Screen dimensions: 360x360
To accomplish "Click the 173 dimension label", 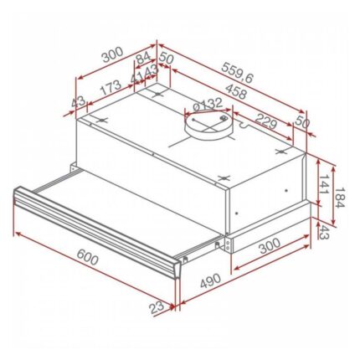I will point(107,87).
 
